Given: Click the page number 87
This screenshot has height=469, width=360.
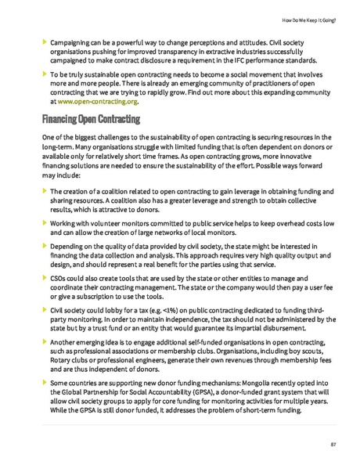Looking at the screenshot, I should click(333, 445).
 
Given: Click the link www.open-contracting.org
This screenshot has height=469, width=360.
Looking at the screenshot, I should click(97, 102).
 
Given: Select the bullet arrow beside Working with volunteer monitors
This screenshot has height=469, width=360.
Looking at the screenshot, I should click(44, 224).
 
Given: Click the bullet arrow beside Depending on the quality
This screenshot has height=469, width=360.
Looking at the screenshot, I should click(44, 247).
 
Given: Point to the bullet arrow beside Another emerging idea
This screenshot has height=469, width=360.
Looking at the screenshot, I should click(44, 343).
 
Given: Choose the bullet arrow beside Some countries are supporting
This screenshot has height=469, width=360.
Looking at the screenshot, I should click(44, 384).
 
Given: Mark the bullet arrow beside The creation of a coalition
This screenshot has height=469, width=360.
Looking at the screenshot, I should click(44, 190).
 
